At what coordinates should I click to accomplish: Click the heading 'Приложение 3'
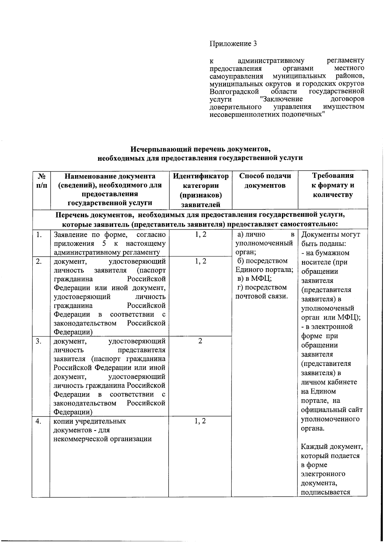[x=233, y=44]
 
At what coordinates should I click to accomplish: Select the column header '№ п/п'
[x=41, y=181]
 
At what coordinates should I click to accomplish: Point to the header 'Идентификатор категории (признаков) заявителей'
[x=200, y=190]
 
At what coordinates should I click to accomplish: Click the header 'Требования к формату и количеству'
[x=332, y=185]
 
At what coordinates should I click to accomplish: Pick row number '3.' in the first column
[x=39, y=341]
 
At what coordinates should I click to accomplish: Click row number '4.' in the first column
[x=39, y=421]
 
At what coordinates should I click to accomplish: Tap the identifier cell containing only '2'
[x=200, y=341]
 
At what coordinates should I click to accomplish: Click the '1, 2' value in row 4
[x=200, y=421]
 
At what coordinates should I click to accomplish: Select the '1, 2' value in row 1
[x=200, y=234]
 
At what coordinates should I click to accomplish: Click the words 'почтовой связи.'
[x=262, y=296]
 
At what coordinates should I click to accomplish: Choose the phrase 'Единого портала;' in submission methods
[x=264, y=270]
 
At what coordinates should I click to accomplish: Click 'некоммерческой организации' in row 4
[x=102, y=439]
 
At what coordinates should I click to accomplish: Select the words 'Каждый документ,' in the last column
[x=332, y=446]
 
